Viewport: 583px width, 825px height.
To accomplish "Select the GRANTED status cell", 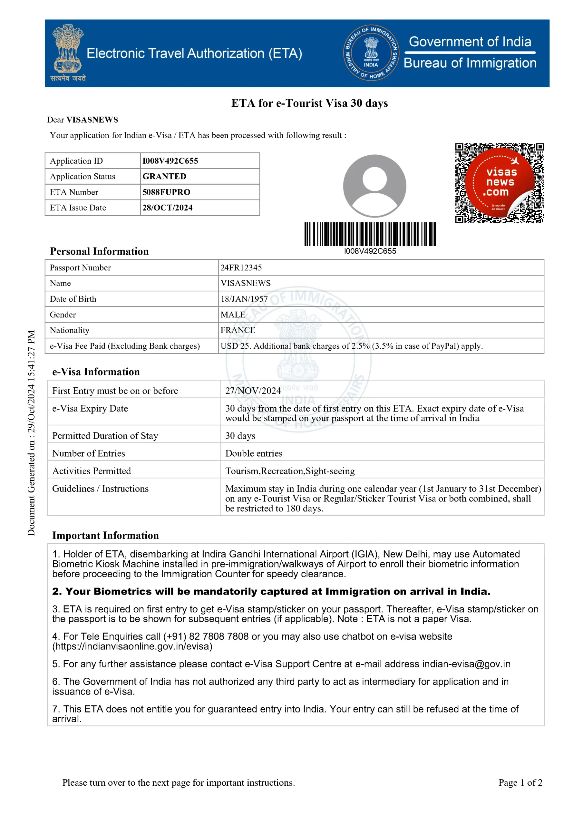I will (164, 176).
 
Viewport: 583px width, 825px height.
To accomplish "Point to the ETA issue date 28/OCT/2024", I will (167, 208).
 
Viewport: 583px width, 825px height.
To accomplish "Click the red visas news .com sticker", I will (500, 182).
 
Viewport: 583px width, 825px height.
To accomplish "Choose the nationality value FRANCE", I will (238, 330).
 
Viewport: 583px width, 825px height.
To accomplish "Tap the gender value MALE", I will (233, 315).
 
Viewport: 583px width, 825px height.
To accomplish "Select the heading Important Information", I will (105, 535).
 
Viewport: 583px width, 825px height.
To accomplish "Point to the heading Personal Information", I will (99, 251).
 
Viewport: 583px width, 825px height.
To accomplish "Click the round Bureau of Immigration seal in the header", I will (371, 53).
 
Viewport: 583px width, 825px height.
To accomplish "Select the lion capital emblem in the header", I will (68, 49).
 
